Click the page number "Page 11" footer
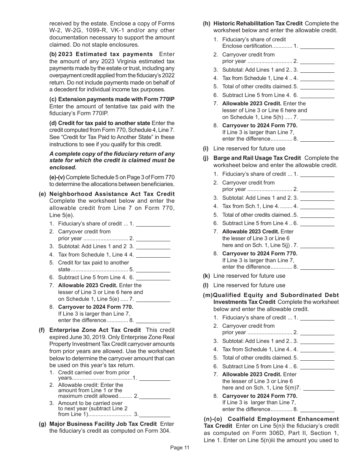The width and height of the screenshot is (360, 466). [x=180, y=447]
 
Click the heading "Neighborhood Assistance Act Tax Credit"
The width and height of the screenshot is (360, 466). [x=112, y=194]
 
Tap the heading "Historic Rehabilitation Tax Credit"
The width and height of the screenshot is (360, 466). [x=258, y=23]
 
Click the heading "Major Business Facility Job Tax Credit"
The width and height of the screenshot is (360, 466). [x=103, y=424]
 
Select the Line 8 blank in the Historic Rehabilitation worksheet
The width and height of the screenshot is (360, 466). [x=317, y=139]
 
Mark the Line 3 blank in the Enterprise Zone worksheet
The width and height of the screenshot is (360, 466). [x=155, y=415]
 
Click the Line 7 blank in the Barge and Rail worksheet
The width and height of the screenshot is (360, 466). [x=317, y=246]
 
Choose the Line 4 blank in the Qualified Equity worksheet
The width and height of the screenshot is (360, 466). [x=317, y=350]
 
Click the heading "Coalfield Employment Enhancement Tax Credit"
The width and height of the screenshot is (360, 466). [x=271, y=422]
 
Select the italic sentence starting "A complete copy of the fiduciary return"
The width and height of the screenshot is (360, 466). [x=112, y=161]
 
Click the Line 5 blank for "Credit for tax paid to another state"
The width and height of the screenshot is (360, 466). [x=153, y=270]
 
